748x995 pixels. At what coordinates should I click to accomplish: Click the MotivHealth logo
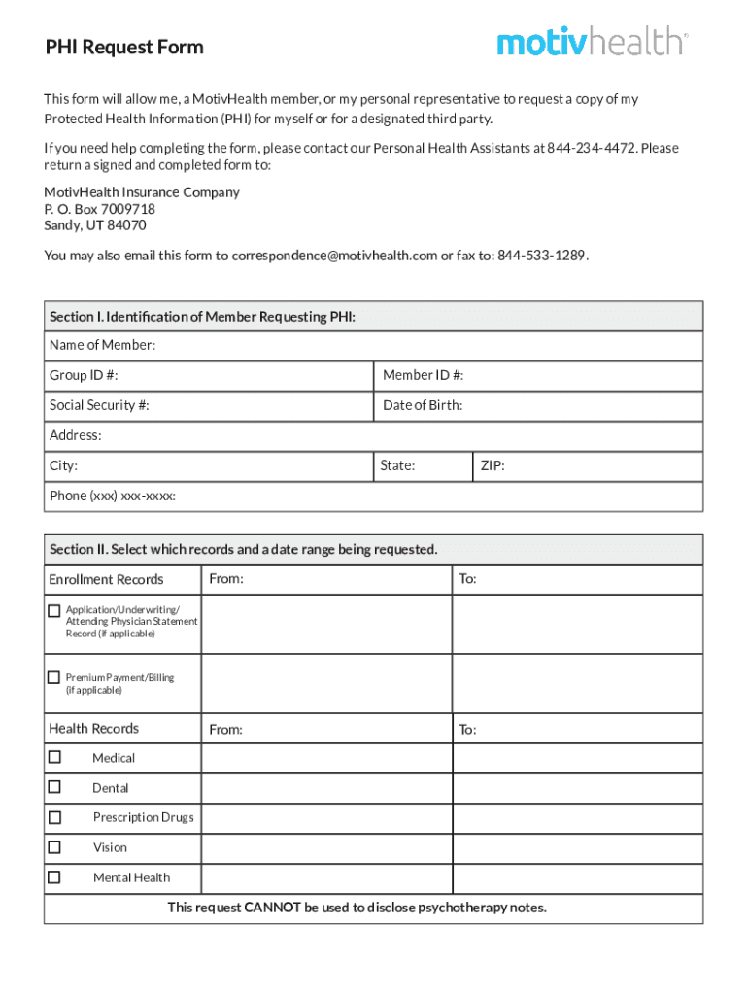(592, 43)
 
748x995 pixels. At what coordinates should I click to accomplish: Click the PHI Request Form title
(124, 47)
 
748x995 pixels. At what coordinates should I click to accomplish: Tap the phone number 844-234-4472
(592, 148)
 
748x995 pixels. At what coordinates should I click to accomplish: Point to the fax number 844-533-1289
(541, 256)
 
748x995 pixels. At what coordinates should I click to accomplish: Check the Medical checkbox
(54, 757)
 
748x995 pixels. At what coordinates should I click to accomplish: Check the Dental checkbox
(54, 787)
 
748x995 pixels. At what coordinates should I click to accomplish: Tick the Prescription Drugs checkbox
(54, 817)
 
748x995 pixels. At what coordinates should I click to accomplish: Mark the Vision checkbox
(54, 847)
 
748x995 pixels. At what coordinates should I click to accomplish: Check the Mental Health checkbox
(54, 877)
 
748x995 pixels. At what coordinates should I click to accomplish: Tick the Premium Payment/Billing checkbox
(54, 677)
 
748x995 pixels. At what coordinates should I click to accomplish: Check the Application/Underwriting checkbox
(54, 610)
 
